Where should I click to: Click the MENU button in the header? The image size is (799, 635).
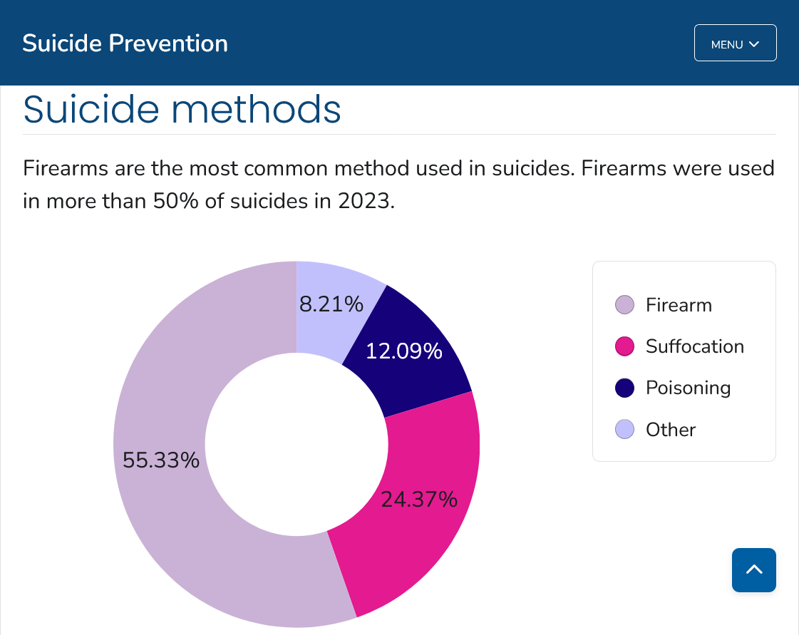coord(735,43)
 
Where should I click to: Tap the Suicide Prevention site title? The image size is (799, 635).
coord(125,43)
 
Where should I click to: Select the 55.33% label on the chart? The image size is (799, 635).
coord(160,460)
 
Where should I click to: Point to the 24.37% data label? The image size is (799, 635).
coord(418,500)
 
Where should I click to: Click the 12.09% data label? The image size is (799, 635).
coord(403,351)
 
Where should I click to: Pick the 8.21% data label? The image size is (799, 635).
coord(331,304)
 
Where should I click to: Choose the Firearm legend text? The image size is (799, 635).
coord(679,305)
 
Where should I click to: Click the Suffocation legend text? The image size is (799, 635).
coord(694,346)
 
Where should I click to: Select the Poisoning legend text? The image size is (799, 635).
coord(688,388)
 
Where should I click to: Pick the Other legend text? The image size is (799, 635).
coord(670,430)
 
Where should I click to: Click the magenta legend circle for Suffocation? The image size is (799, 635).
coord(624,347)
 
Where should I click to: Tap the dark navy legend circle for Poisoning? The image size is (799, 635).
coord(624,388)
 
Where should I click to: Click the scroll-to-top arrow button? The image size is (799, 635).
coord(753,569)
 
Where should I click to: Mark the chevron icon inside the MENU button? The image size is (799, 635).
coord(754,44)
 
